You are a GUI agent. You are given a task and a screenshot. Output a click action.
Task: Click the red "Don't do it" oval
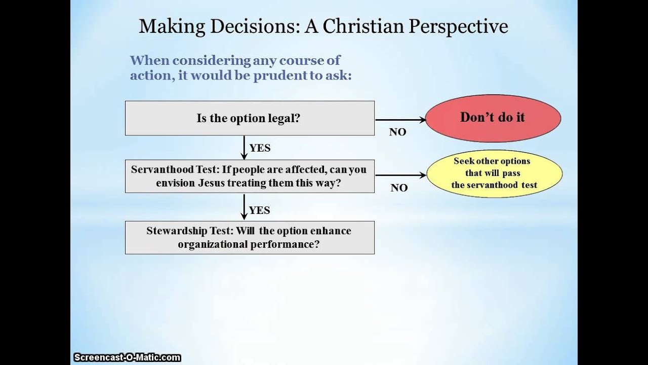(x=493, y=118)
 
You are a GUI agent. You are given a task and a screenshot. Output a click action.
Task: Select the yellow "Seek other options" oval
(x=494, y=173)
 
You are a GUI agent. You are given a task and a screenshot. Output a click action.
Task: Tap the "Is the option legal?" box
(x=250, y=118)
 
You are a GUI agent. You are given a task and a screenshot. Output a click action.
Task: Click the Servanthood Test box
(x=250, y=176)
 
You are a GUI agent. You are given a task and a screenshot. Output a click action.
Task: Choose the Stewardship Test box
(x=250, y=237)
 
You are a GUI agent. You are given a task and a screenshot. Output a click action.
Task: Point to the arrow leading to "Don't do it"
(x=400, y=120)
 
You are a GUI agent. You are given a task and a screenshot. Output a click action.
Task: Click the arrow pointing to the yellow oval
(x=400, y=175)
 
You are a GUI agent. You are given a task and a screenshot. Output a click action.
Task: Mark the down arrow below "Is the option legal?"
(x=244, y=148)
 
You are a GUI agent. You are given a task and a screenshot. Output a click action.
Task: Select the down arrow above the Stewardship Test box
(x=244, y=209)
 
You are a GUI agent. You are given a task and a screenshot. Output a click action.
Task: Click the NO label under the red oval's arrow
(x=397, y=132)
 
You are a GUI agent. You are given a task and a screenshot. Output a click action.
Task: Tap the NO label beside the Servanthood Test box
(x=399, y=188)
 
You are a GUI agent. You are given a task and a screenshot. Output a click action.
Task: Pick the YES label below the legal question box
(x=260, y=148)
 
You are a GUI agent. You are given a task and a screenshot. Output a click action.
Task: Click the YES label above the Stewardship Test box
(x=260, y=210)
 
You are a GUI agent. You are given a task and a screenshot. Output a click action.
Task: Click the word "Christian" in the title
(x=362, y=26)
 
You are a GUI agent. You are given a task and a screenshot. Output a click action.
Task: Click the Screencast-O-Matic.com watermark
(x=127, y=357)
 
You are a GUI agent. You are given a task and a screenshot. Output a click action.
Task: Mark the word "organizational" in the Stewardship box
(x=212, y=244)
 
